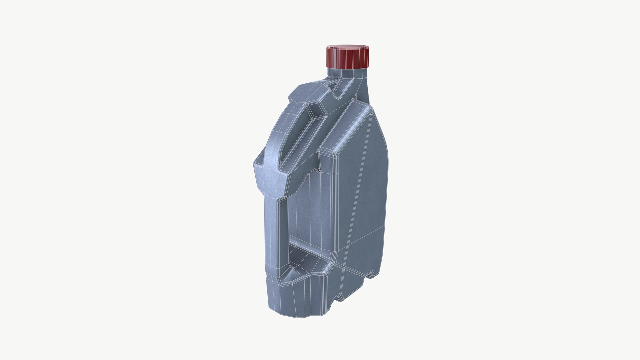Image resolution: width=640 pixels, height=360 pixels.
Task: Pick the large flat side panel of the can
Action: pos(360,187)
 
